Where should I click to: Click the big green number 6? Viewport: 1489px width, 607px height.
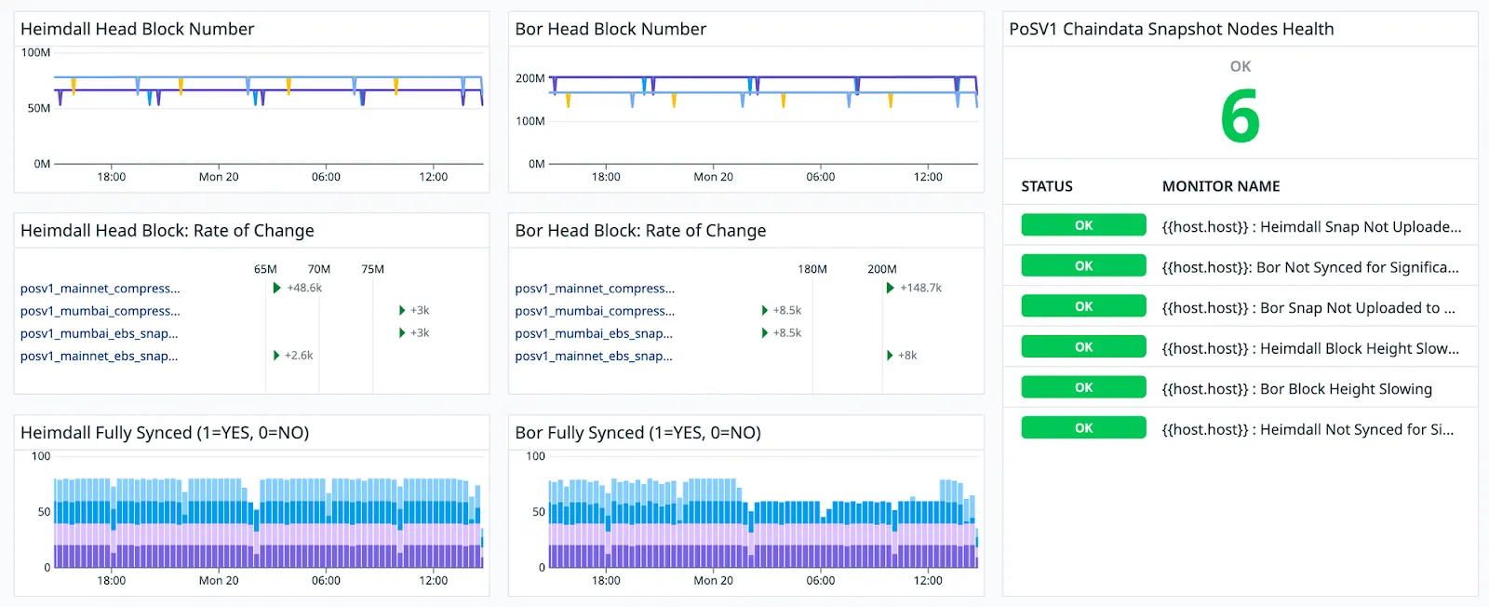[1241, 117]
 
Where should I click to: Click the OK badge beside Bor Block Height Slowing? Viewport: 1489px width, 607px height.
[1083, 387]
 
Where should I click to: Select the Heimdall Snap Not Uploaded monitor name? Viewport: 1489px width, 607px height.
[1311, 227]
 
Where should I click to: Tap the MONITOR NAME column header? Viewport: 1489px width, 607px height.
[1220, 186]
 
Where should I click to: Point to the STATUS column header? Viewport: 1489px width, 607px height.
[1047, 186]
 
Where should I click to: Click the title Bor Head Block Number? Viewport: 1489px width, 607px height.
[610, 29]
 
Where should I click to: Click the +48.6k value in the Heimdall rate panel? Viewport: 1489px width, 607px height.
[304, 288]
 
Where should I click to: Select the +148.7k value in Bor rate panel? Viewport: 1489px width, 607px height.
[920, 288]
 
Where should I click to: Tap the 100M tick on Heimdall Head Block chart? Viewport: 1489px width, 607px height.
[36, 52]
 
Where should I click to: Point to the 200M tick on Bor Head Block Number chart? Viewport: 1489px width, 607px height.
[530, 78]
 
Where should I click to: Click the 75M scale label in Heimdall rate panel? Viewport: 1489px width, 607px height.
[372, 269]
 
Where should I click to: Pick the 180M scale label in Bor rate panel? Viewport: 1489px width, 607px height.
[812, 269]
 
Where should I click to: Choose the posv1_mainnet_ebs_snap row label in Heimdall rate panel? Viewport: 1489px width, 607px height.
[99, 356]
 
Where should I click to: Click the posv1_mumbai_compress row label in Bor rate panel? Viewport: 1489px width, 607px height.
[595, 310]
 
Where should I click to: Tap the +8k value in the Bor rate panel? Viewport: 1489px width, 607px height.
[907, 356]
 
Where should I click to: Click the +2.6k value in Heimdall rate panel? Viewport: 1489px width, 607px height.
[299, 356]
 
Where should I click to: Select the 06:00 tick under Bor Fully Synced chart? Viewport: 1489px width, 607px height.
[820, 580]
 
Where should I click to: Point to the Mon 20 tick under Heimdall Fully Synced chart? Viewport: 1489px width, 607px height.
[219, 580]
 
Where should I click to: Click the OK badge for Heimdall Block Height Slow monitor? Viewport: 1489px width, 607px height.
[1083, 347]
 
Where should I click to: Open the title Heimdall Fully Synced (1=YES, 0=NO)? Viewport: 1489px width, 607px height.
[165, 432]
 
